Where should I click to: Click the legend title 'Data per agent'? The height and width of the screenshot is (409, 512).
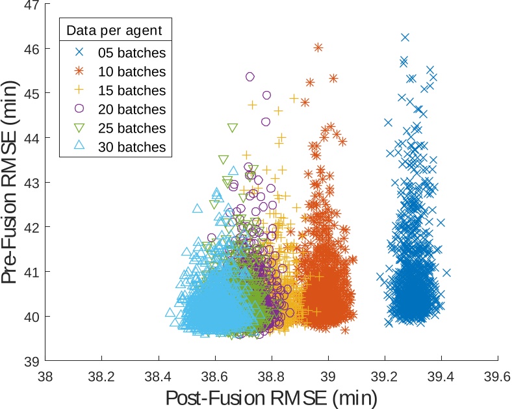(115, 30)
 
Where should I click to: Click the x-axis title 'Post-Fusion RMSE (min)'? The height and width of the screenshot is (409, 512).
(272, 396)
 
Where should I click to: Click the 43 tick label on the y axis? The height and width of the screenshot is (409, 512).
(32, 183)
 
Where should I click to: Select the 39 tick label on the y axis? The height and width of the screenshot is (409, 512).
(32, 361)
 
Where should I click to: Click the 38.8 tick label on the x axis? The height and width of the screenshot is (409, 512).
(272, 376)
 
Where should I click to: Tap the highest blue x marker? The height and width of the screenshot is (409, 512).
(405, 38)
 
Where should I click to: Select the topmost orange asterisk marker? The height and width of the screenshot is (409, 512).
(318, 47)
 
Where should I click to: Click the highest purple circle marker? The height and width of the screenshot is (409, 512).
(250, 77)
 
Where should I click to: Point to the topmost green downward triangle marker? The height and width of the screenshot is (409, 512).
(233, 127)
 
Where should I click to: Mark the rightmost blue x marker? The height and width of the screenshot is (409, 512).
(446, 273)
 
